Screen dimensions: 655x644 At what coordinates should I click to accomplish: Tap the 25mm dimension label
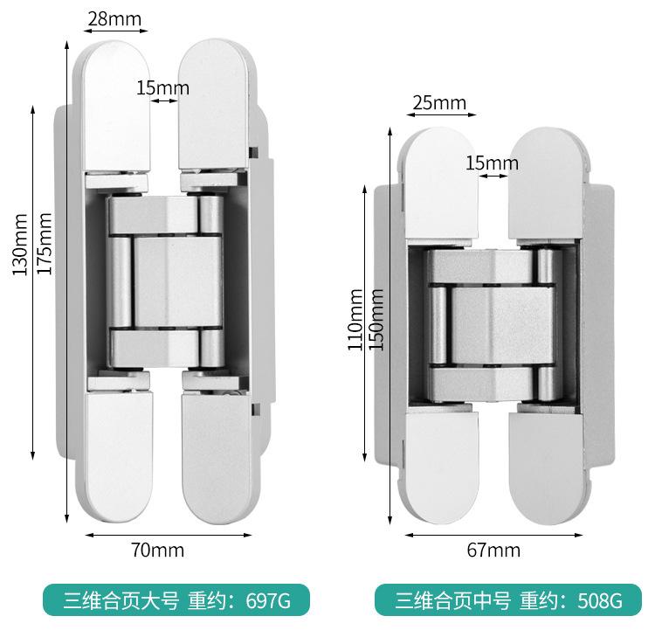pos(439,102)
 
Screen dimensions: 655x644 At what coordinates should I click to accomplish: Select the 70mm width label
pos(157,550)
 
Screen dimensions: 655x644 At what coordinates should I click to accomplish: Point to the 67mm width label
pos(493,550)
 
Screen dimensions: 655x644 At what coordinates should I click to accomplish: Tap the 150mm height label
pos(377,319)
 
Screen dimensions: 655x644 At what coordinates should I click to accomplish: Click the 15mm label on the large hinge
pos(162,87)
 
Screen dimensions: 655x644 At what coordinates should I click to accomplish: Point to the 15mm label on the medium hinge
pos(492,163)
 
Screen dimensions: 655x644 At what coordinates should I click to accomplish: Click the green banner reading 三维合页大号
pos(121,600)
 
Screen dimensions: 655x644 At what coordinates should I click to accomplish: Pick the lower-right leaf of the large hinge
pos(214,454)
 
